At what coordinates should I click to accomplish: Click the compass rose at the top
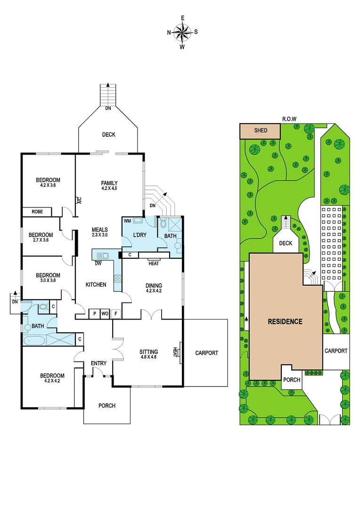click(x=182, y=32)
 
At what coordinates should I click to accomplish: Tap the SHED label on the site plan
click(x=261, y=131)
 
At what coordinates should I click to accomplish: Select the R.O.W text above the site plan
click(x=290, y=119)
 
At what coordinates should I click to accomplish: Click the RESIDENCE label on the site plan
click(x=285, y=322)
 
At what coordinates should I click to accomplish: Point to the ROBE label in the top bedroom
click(x=37, y=212)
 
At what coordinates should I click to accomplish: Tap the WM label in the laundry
click(x=127, y=221)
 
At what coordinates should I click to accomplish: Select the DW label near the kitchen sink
click(x=98, y=263)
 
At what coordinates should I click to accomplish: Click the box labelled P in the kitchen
click(x=94, y=313)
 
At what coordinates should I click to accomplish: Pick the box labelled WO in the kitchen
click(x=105, y=313)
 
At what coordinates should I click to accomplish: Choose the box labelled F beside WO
click(x=116, y=313)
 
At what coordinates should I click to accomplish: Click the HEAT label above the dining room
click(x=154, y=263)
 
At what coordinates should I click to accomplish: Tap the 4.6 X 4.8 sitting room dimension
click(x=148, y=358)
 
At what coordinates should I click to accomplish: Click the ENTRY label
click(x=98, y=363)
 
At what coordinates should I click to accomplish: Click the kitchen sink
click(x=102, y=256)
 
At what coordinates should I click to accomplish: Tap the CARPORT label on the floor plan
click(x=207, y=353)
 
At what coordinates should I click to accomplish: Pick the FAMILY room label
click(x=109, y=183)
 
